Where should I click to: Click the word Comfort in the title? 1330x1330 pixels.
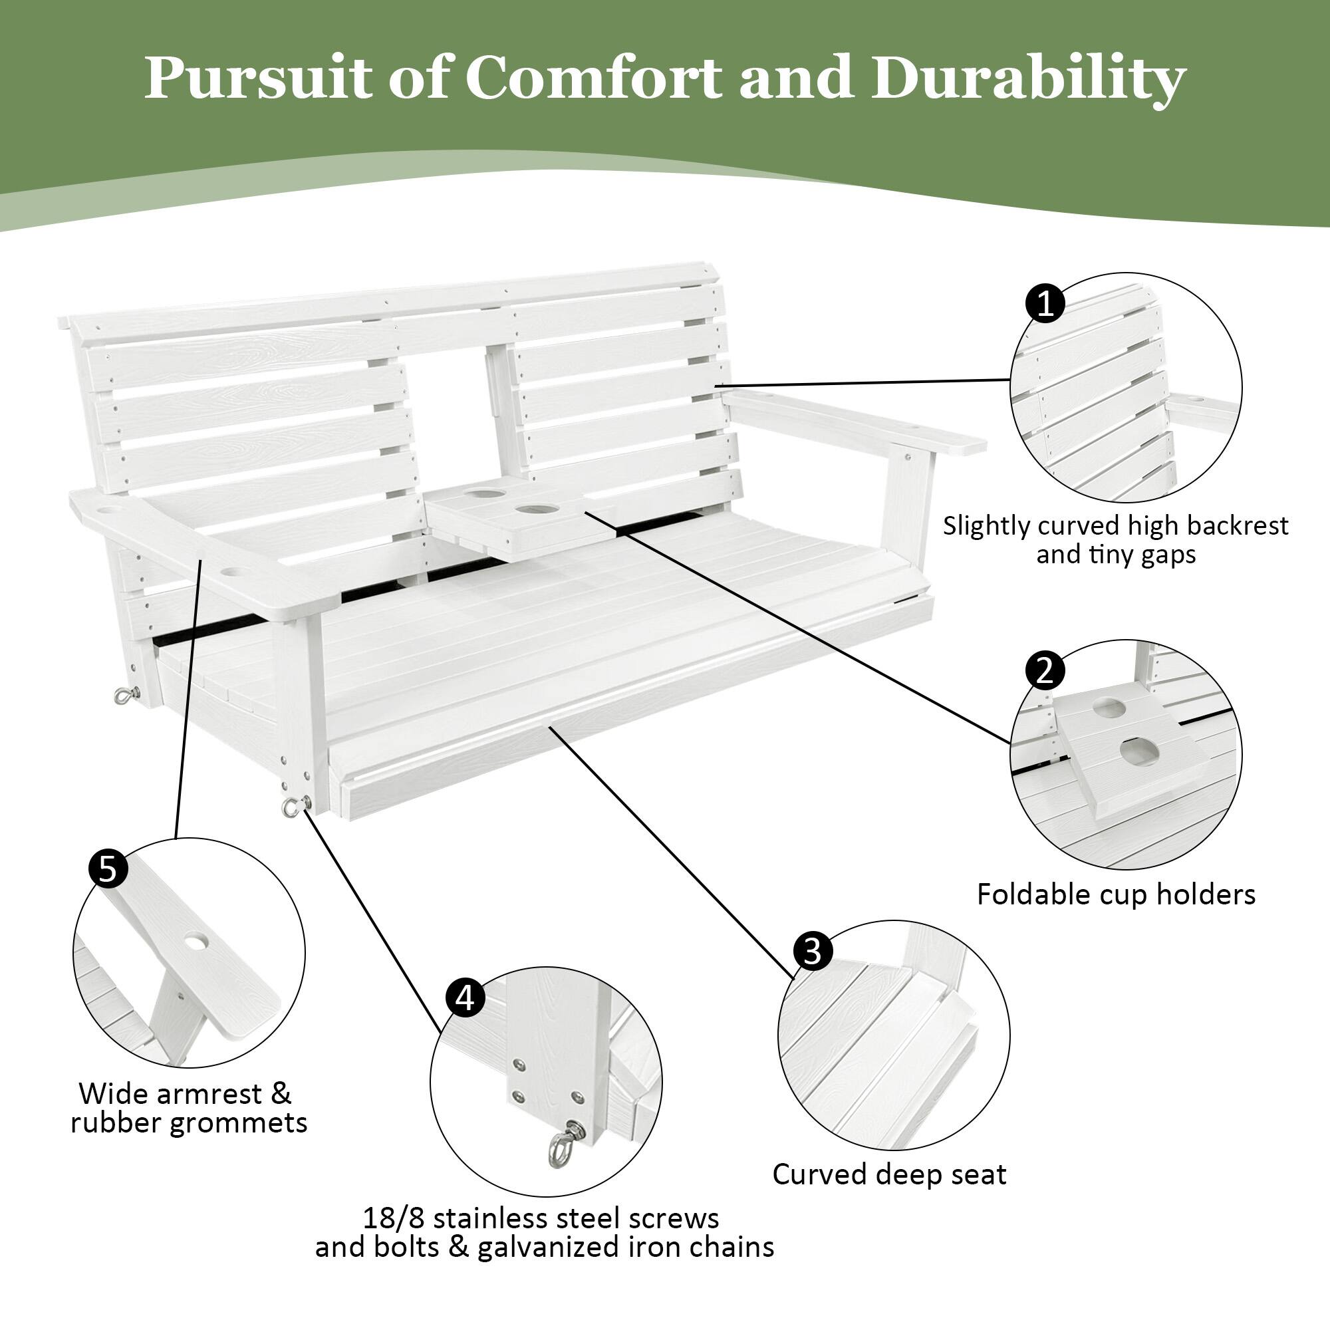[x=593, y=77]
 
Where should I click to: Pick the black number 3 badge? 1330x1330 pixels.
[x=813, y=952]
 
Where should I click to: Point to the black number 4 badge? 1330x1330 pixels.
[x=465, y=997]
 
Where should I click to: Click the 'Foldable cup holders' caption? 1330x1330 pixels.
[x=1116, y=895]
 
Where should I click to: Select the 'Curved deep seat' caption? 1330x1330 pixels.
[x=888, y=1174]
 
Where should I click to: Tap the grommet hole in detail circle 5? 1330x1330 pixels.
[x=196, y=942]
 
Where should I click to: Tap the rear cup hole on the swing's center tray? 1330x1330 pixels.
[x=483, y=493]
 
